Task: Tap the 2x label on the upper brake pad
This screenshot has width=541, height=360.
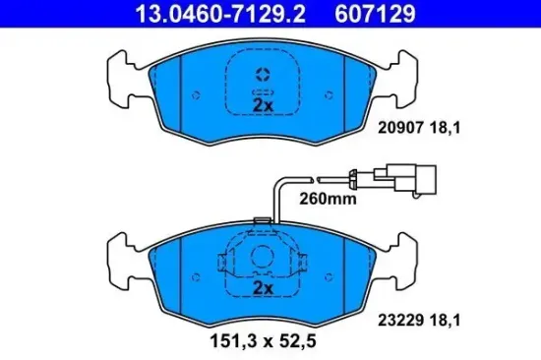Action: pos(262,104)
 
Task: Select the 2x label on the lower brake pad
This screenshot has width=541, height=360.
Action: pos(262,288)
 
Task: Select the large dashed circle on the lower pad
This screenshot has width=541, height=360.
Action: pos(263,259)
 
